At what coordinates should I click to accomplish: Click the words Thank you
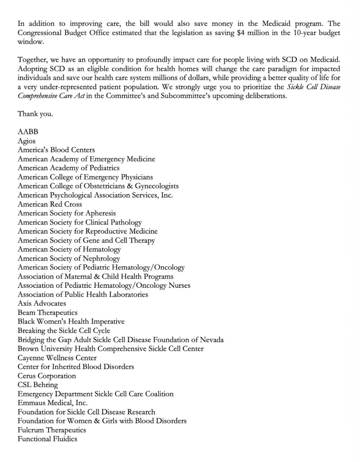coord(35,114)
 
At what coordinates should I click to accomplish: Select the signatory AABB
coord(28,132)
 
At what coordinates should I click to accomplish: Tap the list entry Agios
coord(27,141)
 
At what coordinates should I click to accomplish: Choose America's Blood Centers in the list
coord(56,150)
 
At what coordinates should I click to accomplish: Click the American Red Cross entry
coord(50,204)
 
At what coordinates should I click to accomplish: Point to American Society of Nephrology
coord(69,258)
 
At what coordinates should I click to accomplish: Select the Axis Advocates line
coord(42,304)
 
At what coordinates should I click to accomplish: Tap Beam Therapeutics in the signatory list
coord(48,313)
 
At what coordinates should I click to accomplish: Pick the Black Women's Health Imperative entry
coord(71,322)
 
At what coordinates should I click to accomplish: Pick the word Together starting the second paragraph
coord(32,60)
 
